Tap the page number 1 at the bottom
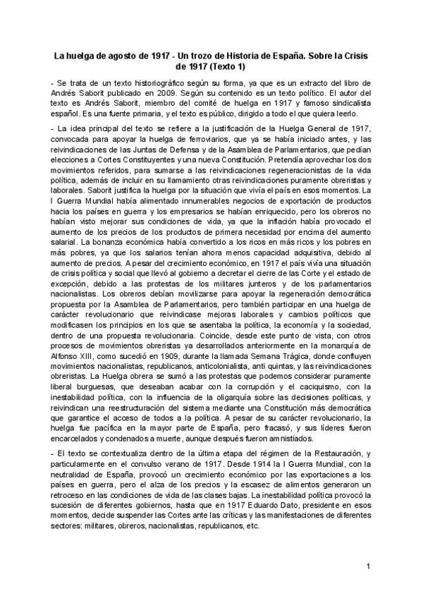pyautogui.click(x=368, y=567)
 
